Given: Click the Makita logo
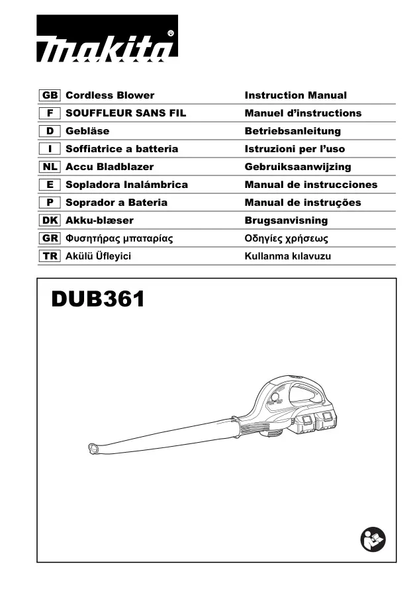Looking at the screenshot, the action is click(x=107, y=38).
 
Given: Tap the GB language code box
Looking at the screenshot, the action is click(x=50, y=95).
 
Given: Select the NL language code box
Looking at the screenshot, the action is click(x=50, y=167).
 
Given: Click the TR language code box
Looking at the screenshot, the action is click(x=50, y=256).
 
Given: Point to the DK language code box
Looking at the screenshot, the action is click(x=50, y=220).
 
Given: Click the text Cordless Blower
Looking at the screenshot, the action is click(x=110, y=95).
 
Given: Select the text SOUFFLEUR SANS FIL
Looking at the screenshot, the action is click(x=126, y=113).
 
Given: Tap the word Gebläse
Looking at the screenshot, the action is click(x=87, y=131).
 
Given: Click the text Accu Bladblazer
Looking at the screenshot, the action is click(x=109, y=167).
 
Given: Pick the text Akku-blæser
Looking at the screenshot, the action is click(x=99, y=220).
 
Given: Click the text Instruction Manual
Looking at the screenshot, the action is click(x=296, y=95).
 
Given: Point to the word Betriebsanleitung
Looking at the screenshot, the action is click(x=293, y=131).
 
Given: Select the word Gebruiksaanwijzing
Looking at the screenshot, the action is click(x=298, y=167).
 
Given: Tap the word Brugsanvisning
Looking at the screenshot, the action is click(x=286, y=220).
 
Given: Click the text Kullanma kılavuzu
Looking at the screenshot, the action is click(x=288, y=256).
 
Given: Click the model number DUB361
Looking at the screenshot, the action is click(x=98, y=299).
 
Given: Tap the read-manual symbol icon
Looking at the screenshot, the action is click(x=373, y=539).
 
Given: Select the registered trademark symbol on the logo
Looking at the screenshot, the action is click(x=170, y=34).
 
